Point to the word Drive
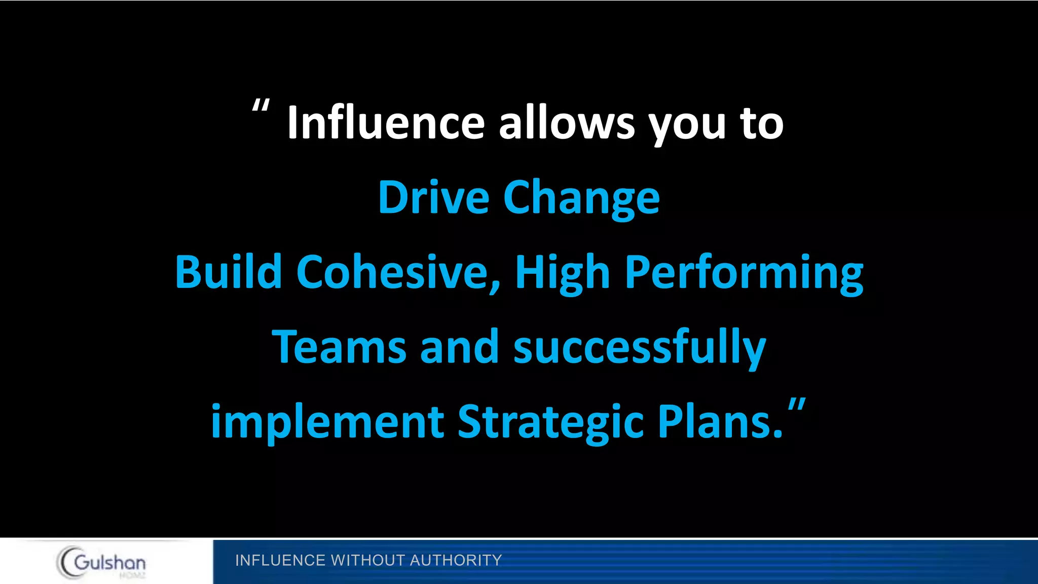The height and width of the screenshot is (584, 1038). (433, 197)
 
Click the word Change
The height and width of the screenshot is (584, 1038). (581, 199)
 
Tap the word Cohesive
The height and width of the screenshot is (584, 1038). (398, 273)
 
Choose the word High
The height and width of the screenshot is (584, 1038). (562, 274)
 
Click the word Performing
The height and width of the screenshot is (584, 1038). (744, 274)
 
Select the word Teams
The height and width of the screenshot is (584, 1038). (339, 347)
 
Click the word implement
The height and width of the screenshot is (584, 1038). (327, 422)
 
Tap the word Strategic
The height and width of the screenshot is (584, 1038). (550, 423)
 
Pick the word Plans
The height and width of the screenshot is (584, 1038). (720, 422)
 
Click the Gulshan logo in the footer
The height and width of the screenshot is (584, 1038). (102, 562)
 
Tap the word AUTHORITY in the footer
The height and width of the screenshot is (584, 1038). (456, 560)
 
